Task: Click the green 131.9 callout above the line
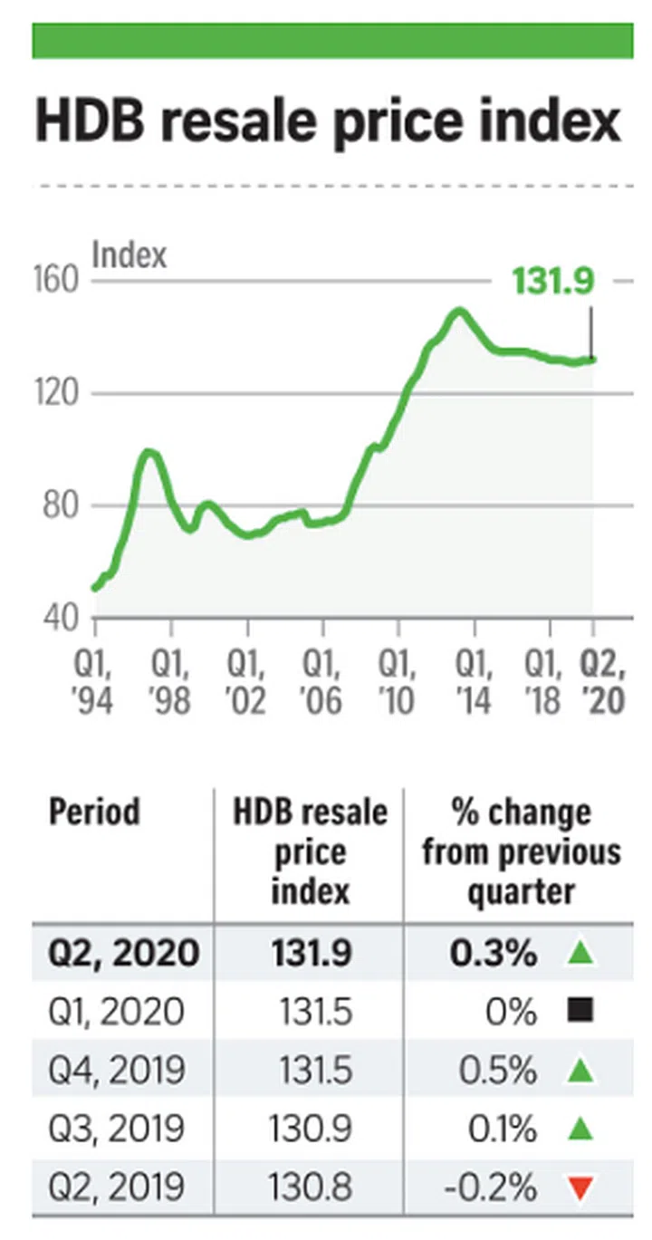[x=553, y=281]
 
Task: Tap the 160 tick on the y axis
[x=59, y=282]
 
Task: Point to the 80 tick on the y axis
[x=59, y=505]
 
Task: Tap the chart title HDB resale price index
[x=328, y=121]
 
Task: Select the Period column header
[x=95, y=812]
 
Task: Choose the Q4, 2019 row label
[x=116, y=1071]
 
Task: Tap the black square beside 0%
[x=582, y=1011]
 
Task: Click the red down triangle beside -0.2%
[x=582, y=1187]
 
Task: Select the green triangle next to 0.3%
[x=582, y=953]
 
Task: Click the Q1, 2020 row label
[x=116, y=1012]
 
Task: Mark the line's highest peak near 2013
[x=459, y=311]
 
